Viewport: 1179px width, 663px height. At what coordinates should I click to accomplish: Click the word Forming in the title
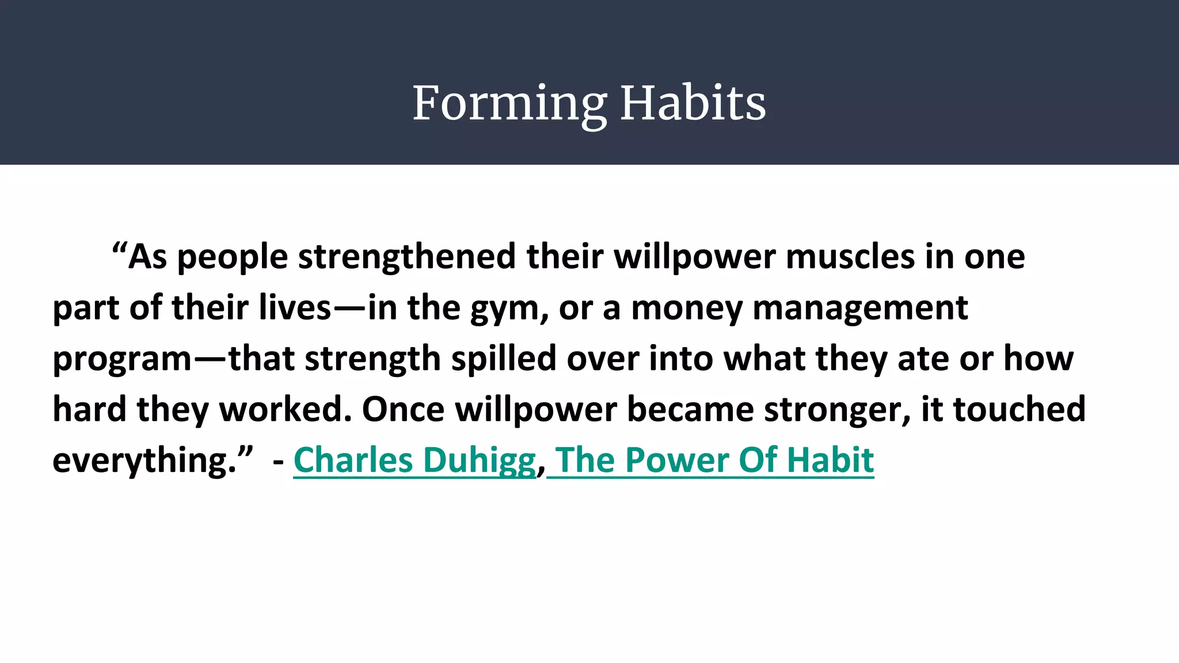click(x=509, y=104)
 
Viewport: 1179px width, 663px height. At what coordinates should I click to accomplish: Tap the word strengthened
click(x=406, y=257)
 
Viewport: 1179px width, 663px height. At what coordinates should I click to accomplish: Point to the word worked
click(x=286, y=409)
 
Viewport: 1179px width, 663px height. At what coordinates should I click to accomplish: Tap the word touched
click(x=1019, y=409)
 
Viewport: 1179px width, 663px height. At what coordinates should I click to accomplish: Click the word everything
click(x=144, y=461)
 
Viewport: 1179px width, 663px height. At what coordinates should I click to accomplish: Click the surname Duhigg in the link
click(x=480, y=461)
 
